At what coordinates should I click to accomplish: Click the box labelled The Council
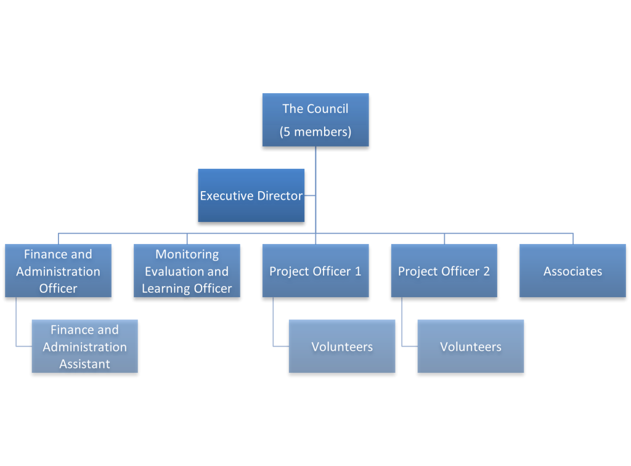tap(315, 120)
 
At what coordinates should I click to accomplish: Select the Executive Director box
tap(251, 195)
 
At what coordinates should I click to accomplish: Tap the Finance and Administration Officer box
tap(58, 271)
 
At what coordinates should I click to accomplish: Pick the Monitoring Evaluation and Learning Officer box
tap(187, 271)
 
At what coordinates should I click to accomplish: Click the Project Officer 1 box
tap(315, 271)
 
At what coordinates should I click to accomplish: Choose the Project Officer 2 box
tap(444, 271)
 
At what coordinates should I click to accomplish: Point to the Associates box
tap(572, 271)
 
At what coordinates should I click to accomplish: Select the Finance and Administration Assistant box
tap(84, 346)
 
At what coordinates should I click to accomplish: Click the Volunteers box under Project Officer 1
tap(342, 346)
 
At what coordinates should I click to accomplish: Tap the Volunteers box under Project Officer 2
tap(471, 346)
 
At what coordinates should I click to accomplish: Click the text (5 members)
tap(315, 132)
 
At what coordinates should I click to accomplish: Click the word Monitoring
tap(187, 254)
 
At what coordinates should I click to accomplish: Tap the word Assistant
tap(84, 364)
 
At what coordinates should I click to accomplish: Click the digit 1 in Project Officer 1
tap(357, 271)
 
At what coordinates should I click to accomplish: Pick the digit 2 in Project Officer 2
tap(486, 271)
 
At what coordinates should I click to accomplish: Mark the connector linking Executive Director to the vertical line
tap(310, 196)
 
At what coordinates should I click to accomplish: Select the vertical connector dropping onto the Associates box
tap(573, 238)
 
